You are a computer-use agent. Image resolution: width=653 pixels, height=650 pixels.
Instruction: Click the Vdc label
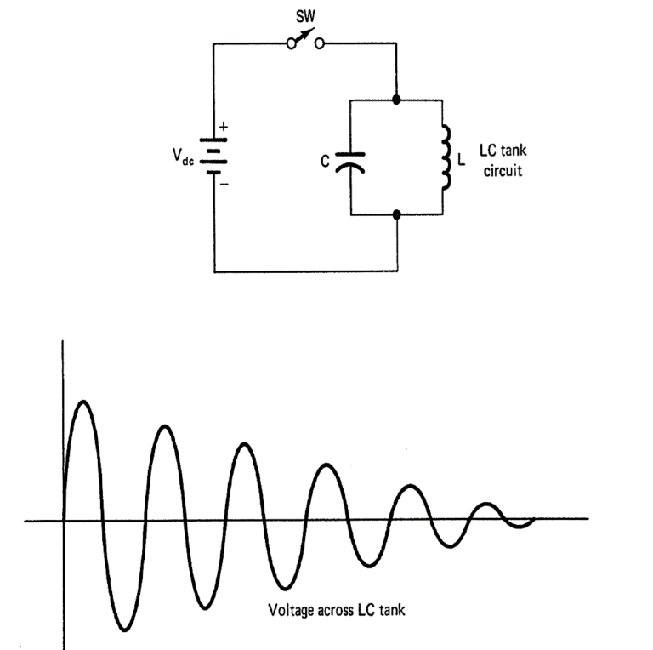pyautogui.click(x=183, y=157)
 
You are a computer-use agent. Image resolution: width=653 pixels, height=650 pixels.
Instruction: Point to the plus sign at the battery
pyautogui.click(x=224, y=129)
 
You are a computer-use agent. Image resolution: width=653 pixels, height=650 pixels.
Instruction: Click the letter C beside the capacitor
pyautogui.click(x=326, y=160)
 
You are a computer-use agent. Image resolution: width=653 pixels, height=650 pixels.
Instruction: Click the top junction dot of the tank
pyautogui.click(x=397, y=100)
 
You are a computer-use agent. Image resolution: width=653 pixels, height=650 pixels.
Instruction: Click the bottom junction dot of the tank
pyautogui.click(x=397, y=216)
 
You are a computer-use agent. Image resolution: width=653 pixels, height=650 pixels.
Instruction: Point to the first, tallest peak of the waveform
pyautogui.click(x=82, y=401)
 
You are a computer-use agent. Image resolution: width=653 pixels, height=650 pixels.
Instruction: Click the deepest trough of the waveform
pyautogui.click(x=124, y=630)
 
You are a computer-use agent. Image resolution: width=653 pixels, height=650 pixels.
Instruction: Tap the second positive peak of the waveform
pyautogui.click(x=165, y=425)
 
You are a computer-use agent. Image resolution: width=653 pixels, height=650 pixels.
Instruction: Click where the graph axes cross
pyautogui.click(x=63, y=519)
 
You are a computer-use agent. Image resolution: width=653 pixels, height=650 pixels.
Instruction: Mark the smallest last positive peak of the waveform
pyautogui.click(x=485, y=505)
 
